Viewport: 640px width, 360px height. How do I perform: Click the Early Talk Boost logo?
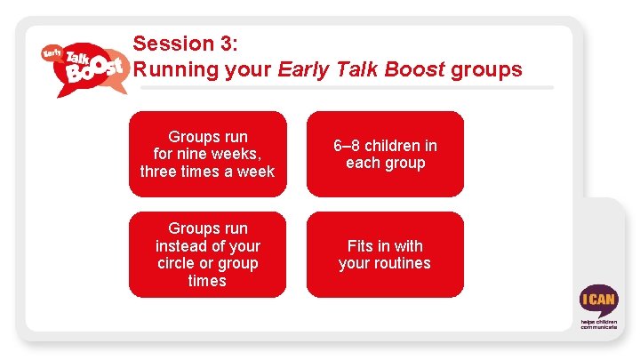point(82,67)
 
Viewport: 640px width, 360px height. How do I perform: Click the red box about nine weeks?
point(207,154)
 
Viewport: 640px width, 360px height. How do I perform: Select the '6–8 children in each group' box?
point(385,154)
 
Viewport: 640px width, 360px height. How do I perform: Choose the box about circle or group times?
point(207,254)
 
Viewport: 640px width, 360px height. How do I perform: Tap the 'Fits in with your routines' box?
point(385,254)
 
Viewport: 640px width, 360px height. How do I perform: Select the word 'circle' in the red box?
point(177,264)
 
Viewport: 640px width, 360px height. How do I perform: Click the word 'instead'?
point(180,246)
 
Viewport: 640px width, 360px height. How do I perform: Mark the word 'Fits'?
point(361,246)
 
